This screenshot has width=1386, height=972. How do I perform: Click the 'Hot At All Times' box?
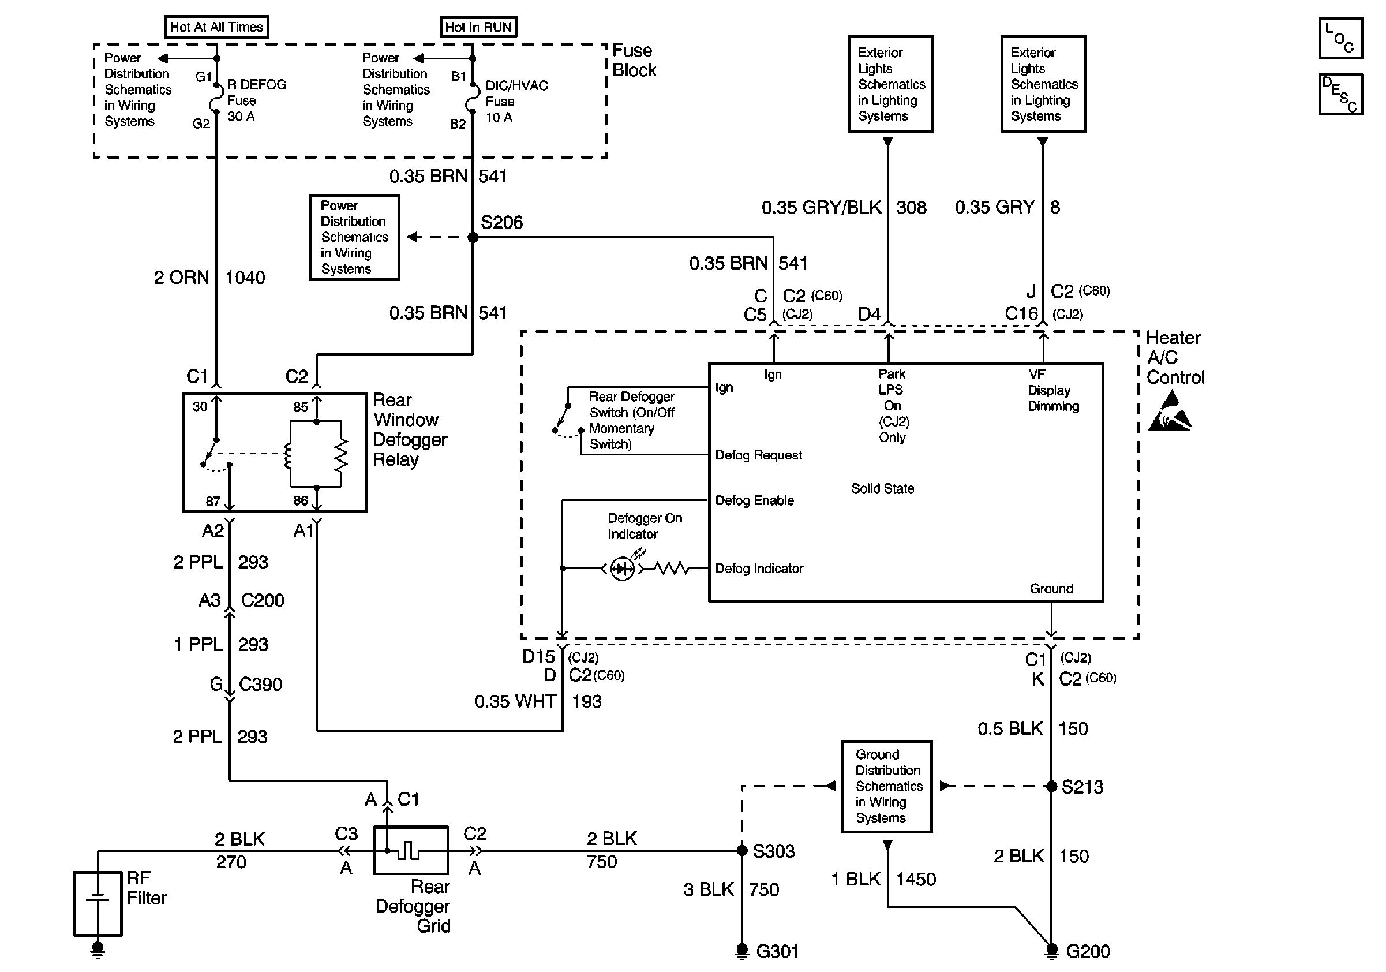pos(216,27)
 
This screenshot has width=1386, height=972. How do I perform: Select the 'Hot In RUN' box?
pos(478,27)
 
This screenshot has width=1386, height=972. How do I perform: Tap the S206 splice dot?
pos(473,237)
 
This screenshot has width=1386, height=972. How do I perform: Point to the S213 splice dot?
pos(1051,786)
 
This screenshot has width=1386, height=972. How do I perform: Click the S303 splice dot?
pos(743,851)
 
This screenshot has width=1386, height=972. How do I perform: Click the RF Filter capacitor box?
pos(98,903)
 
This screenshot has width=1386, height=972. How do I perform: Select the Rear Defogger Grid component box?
pos(410,850)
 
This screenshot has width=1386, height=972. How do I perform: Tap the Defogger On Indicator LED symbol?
pos(622,568)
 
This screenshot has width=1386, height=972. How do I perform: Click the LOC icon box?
pos(1341,38)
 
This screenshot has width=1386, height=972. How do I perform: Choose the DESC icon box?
pos(1341,94)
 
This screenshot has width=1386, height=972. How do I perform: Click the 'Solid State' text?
pos(882,488)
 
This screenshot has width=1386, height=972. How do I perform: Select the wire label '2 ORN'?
pos(181,278)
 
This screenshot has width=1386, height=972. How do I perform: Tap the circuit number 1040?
pos(245,278)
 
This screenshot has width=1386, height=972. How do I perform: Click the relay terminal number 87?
pos(212,501)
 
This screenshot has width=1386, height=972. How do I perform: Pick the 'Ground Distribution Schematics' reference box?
pos(887,786)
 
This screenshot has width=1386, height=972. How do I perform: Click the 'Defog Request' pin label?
pos(758,455)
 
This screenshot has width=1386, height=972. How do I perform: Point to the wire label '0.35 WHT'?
pos(515,701)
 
